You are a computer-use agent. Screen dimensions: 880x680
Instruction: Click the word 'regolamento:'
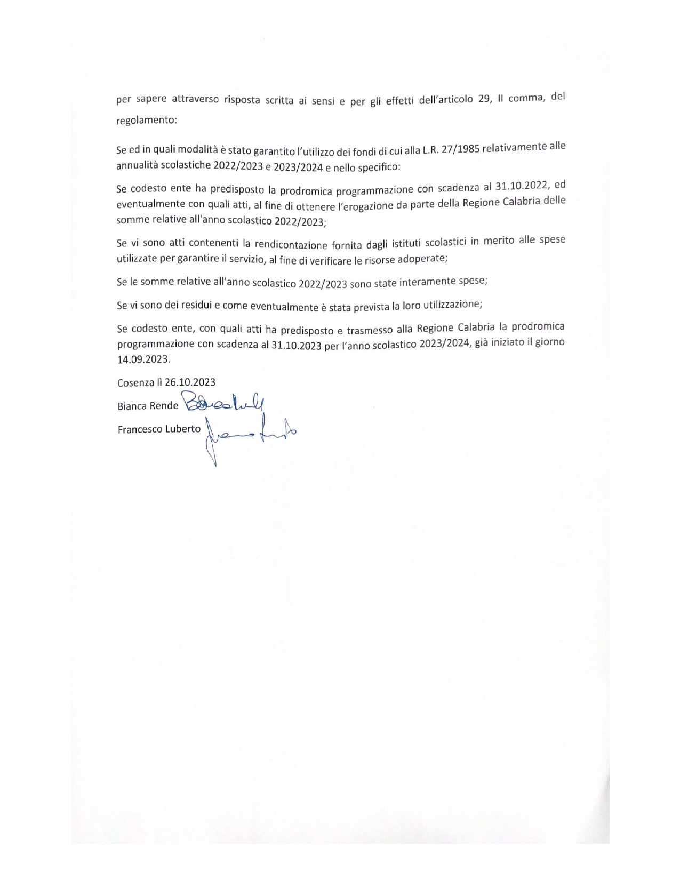146,121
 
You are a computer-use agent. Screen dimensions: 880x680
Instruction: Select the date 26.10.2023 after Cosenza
190,382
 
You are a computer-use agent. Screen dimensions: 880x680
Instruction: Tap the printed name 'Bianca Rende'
148,406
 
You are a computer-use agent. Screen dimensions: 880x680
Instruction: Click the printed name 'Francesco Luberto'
159,429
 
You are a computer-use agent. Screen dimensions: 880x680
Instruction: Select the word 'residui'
194,306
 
